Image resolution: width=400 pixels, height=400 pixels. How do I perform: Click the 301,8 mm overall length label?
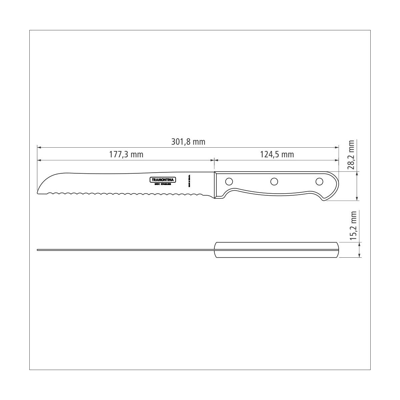[x=188, y=142]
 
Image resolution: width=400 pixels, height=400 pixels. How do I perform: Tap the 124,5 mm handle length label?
[x=277, y=155]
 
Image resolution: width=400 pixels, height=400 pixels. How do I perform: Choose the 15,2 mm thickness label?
[x=354, y=225]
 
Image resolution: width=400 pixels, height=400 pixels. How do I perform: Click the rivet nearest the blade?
[x=229, y=182]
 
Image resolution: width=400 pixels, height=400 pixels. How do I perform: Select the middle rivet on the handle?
[x=274, y=182]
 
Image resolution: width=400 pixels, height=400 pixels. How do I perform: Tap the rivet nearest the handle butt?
[x=319, y=182]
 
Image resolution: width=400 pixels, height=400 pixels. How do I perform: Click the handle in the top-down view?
[x=277, y=250]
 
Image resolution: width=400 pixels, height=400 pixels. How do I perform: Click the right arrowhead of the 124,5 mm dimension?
[x=337, y=160]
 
